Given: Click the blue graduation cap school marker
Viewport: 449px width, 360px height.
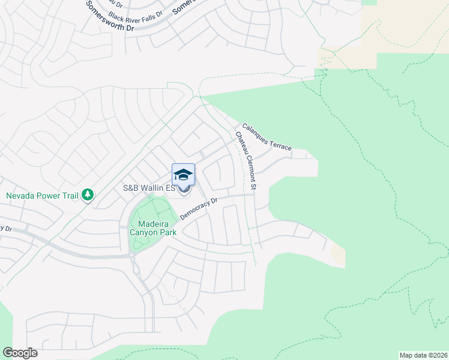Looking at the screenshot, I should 183,175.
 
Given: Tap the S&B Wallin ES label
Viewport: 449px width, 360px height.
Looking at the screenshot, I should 148,188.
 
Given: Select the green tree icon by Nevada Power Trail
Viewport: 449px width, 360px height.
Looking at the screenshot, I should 88,194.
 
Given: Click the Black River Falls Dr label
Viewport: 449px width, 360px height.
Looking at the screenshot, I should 136,13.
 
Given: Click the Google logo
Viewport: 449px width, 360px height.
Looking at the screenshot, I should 20,353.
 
